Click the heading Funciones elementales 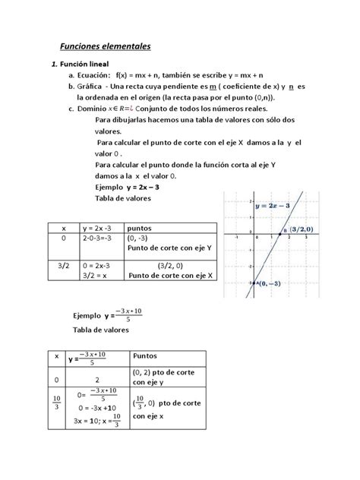(x=106, y=47)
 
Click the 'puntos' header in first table (x=140, y=226)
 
